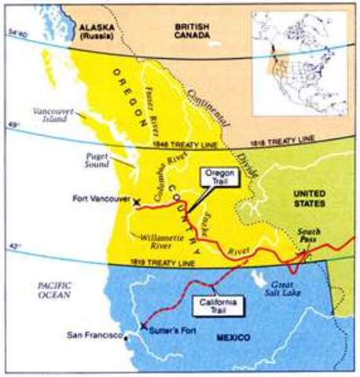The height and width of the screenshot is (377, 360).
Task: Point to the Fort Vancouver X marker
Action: [138, 202]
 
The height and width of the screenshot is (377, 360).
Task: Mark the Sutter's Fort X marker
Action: [143, 325]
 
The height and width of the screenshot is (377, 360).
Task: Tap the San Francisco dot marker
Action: [126, 336]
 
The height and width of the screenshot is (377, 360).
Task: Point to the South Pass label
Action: [311, 232]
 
